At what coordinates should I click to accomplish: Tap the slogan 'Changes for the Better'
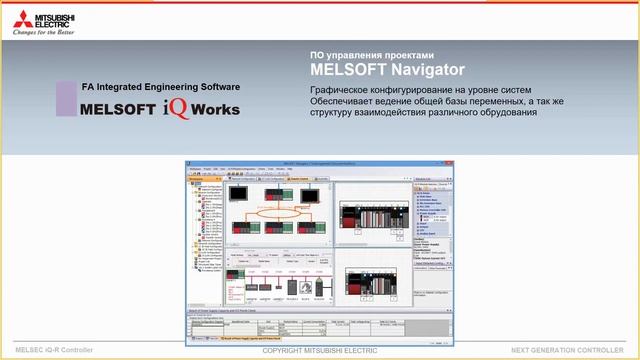click(x=45, y=31)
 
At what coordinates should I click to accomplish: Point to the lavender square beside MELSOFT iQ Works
click(x=66, y=98)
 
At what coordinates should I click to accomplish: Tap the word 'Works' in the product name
click(x=213, y=109)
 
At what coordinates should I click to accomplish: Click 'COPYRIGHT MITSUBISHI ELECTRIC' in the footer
click(x=319, y=352)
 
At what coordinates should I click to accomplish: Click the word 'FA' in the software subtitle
click(x=87, y=88)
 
